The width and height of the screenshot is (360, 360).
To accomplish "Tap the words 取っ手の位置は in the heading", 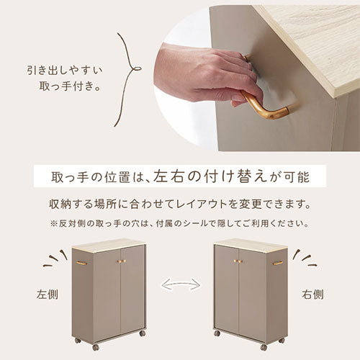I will point(99,176).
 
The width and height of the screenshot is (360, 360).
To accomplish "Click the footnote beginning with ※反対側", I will point(180,223).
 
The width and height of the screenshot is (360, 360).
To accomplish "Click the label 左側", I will point(45,295).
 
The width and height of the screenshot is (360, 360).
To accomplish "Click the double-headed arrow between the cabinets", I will point(180,285).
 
